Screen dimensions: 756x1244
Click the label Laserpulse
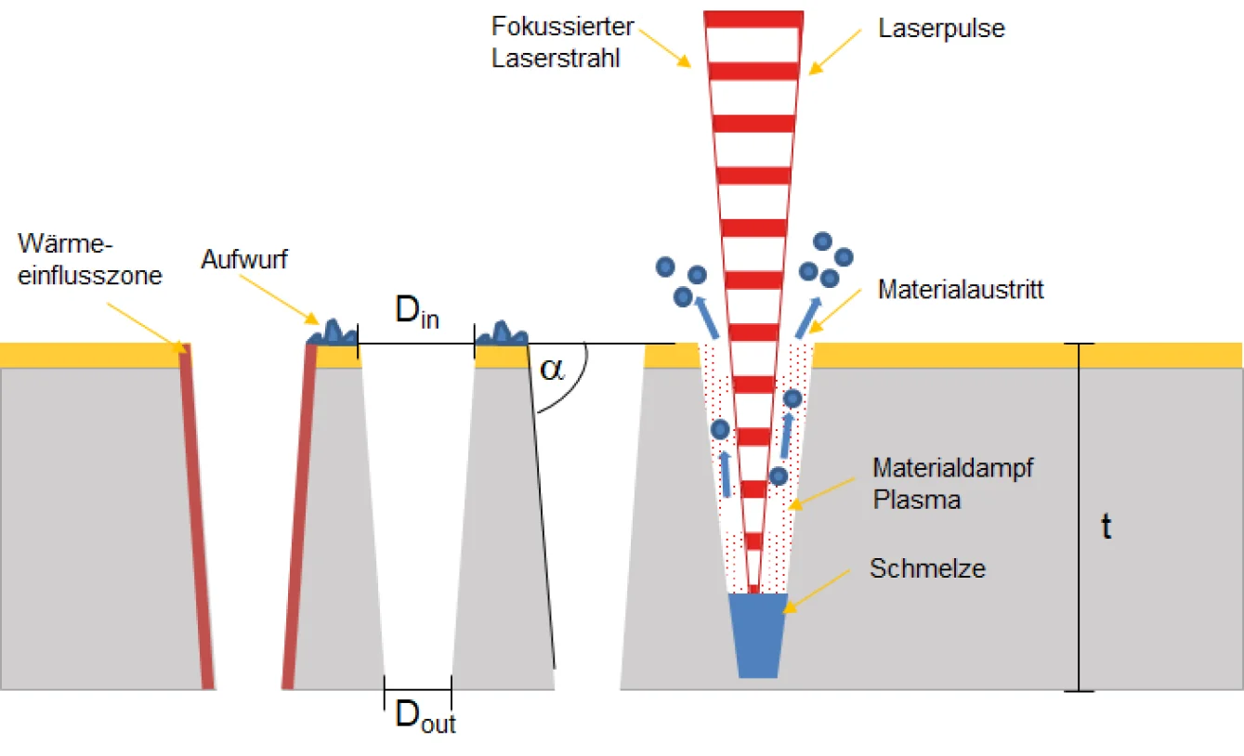(941, 29)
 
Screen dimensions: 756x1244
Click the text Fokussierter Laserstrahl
(562, 42)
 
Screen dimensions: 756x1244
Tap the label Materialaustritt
(961, 290)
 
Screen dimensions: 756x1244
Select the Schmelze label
(927, 568)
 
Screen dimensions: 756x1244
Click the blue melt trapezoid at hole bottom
(758, 634)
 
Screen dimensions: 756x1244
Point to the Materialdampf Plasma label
(952, 483)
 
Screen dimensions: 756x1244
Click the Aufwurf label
(244, 259)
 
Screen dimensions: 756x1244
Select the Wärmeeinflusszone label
(89, 260)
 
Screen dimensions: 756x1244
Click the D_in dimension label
(415, 312)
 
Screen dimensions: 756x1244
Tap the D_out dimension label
(425, 716)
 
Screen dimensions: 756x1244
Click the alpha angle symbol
(552, 370)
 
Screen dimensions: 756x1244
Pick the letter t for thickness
(1106, 527)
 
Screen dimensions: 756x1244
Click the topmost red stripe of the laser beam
(753, 19)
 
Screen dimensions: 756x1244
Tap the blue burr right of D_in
(502, 332)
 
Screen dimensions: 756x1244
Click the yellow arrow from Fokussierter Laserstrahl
(665, 47)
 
